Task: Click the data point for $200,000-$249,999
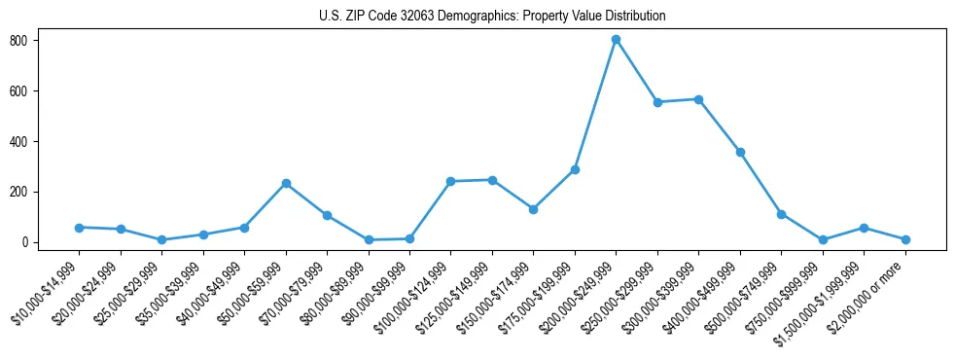pos(616,40)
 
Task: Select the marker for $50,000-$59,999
pos(286,183)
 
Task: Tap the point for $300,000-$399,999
pos(698,99)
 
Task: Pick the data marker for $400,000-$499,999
pos(740,152)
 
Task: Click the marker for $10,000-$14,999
pos(79,228)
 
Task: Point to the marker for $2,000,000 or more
pos(905,239)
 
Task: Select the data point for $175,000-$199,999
pos(575,169)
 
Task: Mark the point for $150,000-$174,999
pos(533,209)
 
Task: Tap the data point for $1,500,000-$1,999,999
pos(864,228)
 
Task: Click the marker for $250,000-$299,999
pos(657,102)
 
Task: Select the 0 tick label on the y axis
pos(31,242)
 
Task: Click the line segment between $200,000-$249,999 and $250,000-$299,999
pos(637,71)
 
